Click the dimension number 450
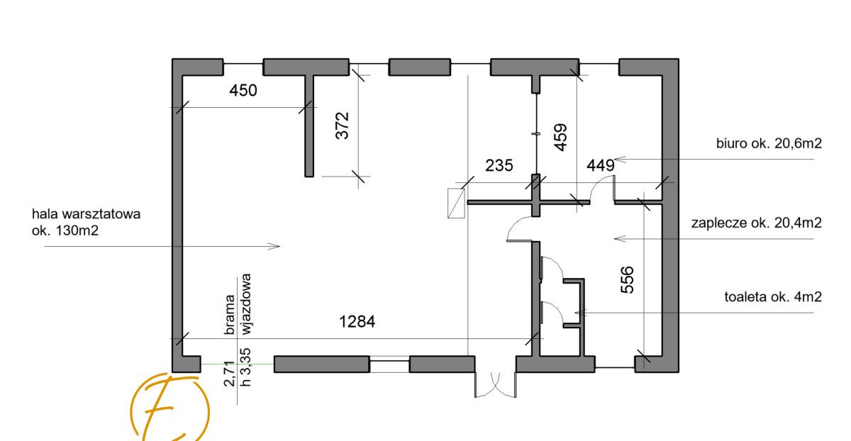[x=243, y=91]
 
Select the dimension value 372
[x=343, y=125]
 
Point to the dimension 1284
[x=357, y=322]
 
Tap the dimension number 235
[x=499, y=165]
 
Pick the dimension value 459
[x=561, y=137]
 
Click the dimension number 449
[x=601, y=165]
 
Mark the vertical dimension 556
[x=627, y=280]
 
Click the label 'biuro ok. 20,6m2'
[x=769, y=143]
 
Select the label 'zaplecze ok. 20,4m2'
[x=757, y=223]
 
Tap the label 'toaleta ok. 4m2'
[x=773, y=296]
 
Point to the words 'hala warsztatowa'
[x=87, y=214]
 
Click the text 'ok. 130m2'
[x=65, y=230]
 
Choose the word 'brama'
[x=229, y=315]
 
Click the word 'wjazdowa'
[x=246, y=304]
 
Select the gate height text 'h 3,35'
[x=246, y=367]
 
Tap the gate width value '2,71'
[x=229, y=374]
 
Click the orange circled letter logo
[x=169, y=408]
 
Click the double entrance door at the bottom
[x=495, y=384]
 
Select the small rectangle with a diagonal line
[x=456, y=203]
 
